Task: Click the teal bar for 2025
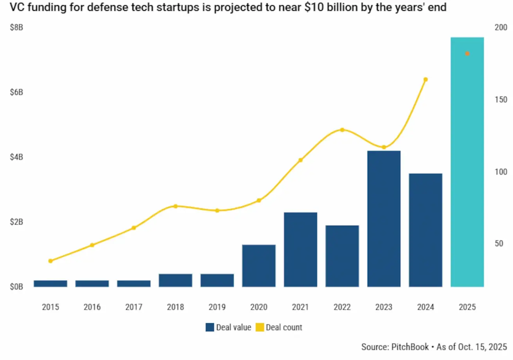[x=467, y=164]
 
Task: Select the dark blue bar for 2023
[x=384, y=219]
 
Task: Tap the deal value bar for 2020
[x=259, y=266]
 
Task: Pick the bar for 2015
[x=50, y=283]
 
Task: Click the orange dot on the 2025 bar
[x=467, y=54]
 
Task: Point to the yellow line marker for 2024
[x=425, y=79]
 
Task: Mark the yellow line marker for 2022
[x=342, y=130]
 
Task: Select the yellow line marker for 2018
[x=176, y=206]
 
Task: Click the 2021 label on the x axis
[x=300, y=307]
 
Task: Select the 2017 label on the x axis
[x=134, y=307]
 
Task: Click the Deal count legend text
[x=284, y=327]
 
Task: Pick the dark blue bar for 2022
[x=342, y=256]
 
